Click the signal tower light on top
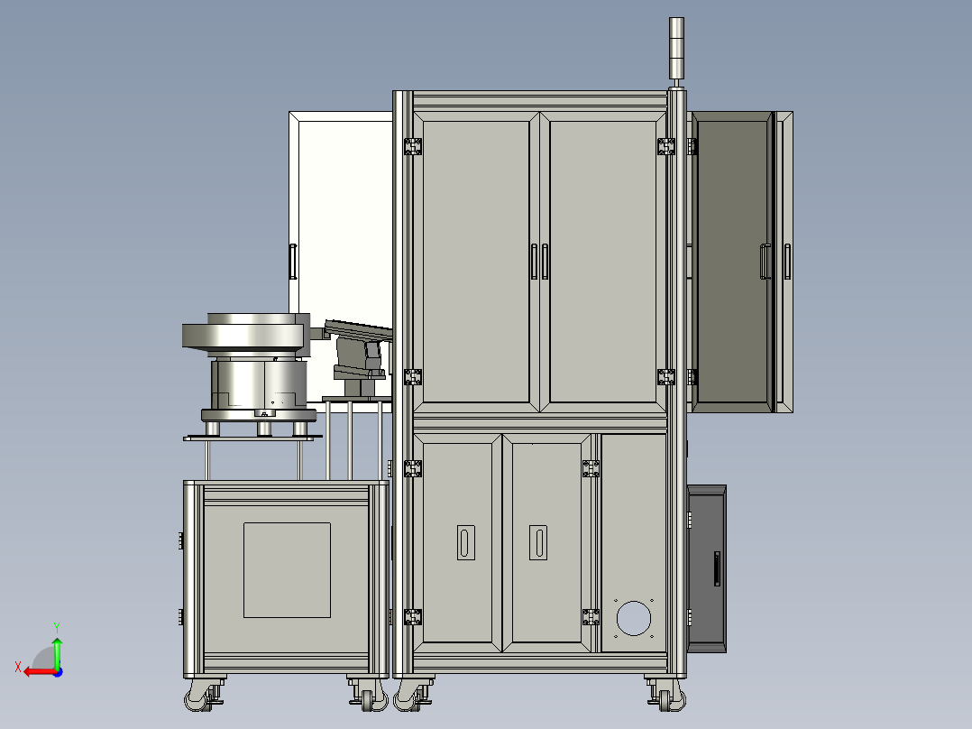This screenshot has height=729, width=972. pyautogui.click(x=676, y=49)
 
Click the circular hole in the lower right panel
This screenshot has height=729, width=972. pyautogui.click(x=634, y=618)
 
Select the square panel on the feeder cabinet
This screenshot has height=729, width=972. pyautogui.click(x=287, y=570)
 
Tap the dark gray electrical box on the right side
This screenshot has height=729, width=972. pyautogui.click(x=707, y=569)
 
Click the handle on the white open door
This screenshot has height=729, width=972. pyautogui.click(x=293, y=262)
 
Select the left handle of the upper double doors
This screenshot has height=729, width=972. pyautogui.click(x=535, y=262)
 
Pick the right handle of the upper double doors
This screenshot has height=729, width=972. pyautogui.click(x=545, y=262)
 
